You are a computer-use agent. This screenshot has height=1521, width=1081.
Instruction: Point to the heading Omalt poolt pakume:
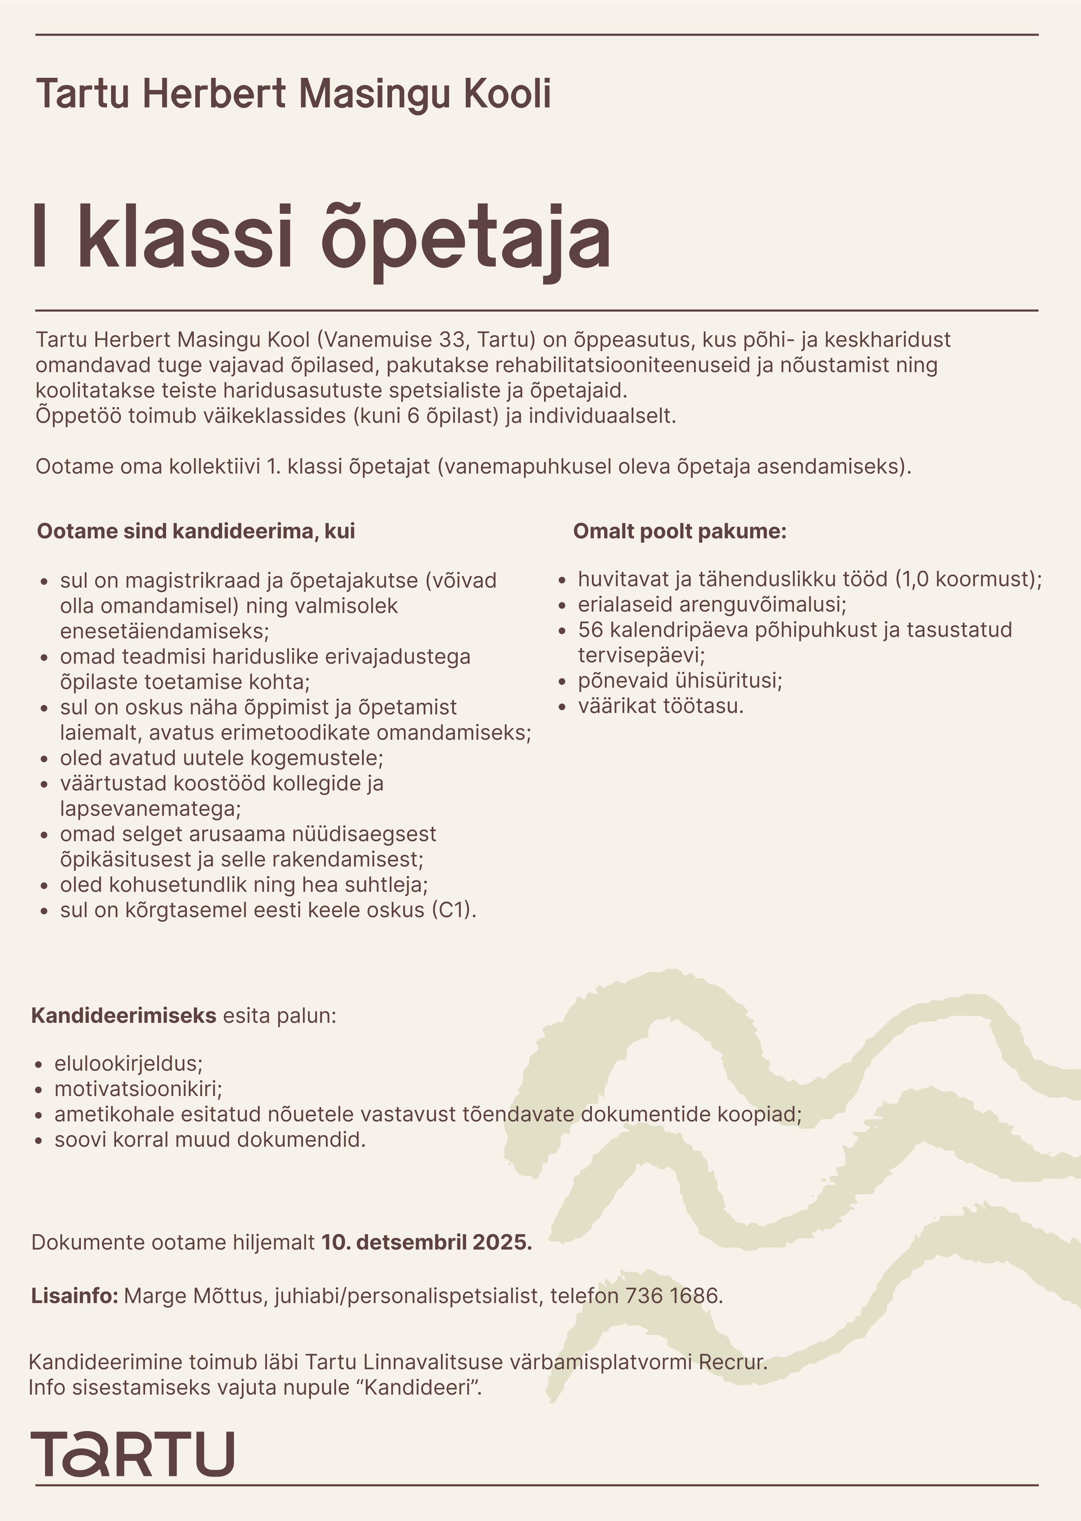679,531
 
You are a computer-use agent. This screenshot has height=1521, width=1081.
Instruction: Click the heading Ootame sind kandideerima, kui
196,531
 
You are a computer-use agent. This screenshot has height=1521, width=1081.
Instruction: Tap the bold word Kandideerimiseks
124,1015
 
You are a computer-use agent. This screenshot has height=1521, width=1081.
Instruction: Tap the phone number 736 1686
672,1296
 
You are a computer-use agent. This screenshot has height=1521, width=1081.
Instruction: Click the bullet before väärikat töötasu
563,707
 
